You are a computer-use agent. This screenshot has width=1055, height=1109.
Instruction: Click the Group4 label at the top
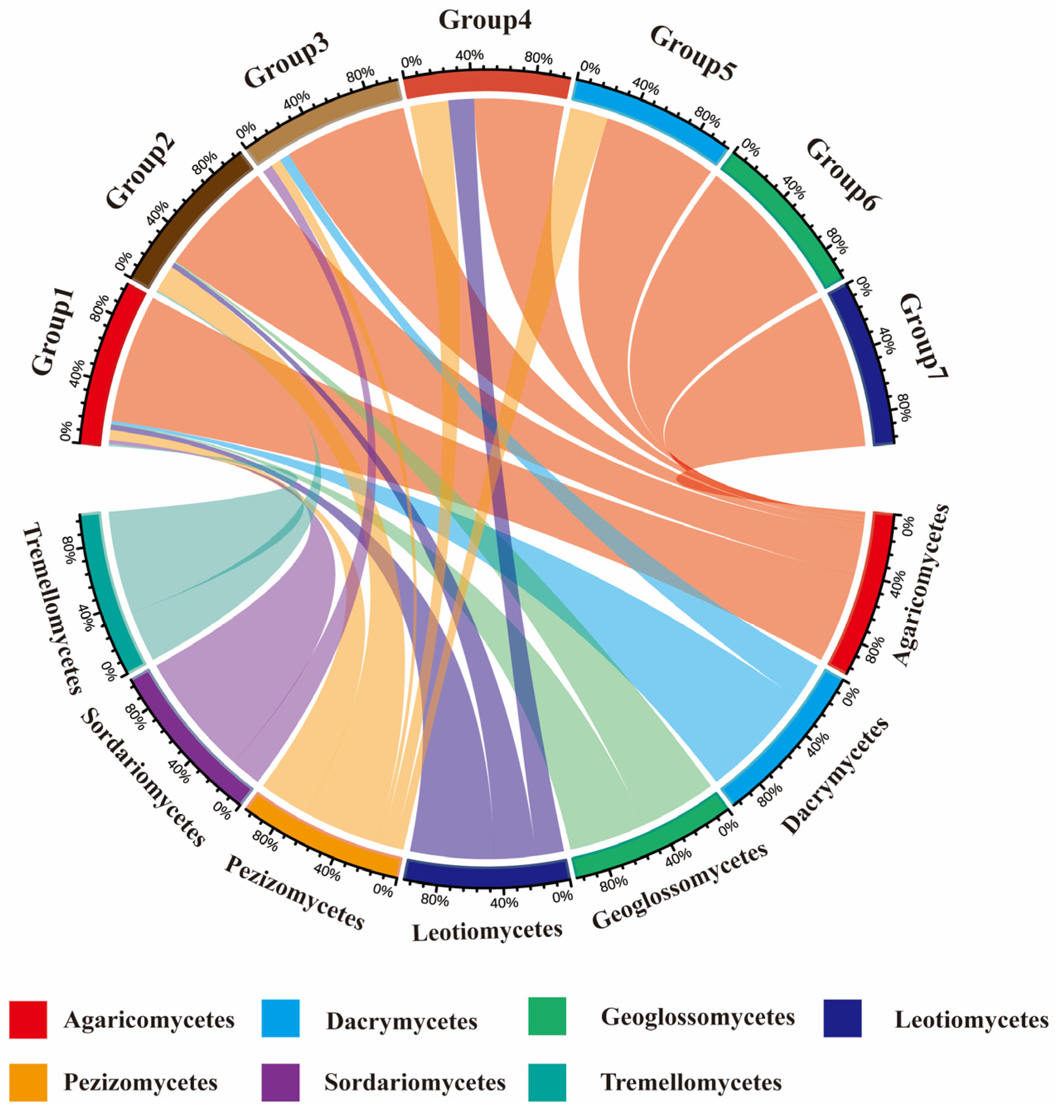click(485, 21)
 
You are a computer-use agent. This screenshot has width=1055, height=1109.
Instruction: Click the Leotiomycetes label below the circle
click(487, 931)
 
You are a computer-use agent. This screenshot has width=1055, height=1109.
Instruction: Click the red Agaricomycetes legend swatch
click(28, 1020)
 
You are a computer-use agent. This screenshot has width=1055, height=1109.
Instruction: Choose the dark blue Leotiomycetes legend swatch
click(842, 1018)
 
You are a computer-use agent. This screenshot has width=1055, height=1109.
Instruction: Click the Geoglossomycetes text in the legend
click(698, 1017)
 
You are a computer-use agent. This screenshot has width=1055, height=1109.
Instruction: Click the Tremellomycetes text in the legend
click(691, 1082)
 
